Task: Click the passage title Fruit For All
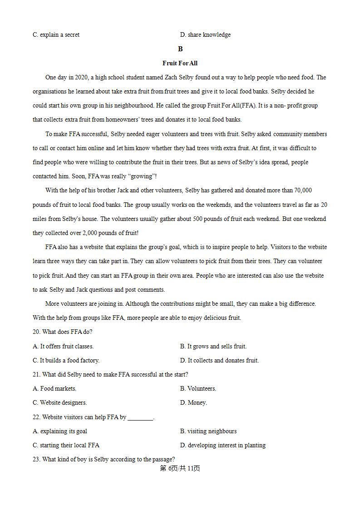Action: click(x=180, y=64)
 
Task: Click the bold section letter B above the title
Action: click(x=180, y=49)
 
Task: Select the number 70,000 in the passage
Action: click(x=303, y=191)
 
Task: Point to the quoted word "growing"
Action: click(x=142, y=176)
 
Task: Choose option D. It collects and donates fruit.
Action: click(x=219, y=361)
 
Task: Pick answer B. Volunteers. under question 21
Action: click(x=198, y=389)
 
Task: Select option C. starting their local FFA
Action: click(x=66, y=445)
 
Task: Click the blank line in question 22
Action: click(x=140, y=417)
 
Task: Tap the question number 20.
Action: click(x=36, y=332)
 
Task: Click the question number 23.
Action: click(x=36, y=460)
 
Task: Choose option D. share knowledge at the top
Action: click(x=205, y=35)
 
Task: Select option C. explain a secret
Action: click(x=56, y=35)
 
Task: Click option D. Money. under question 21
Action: click(x=193, y=403)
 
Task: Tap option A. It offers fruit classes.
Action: click(x=63, y=347)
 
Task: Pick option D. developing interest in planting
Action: click(x=223, y=445)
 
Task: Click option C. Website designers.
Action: click(x=59, y=403)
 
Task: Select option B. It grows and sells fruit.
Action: click(x=213, y=347)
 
